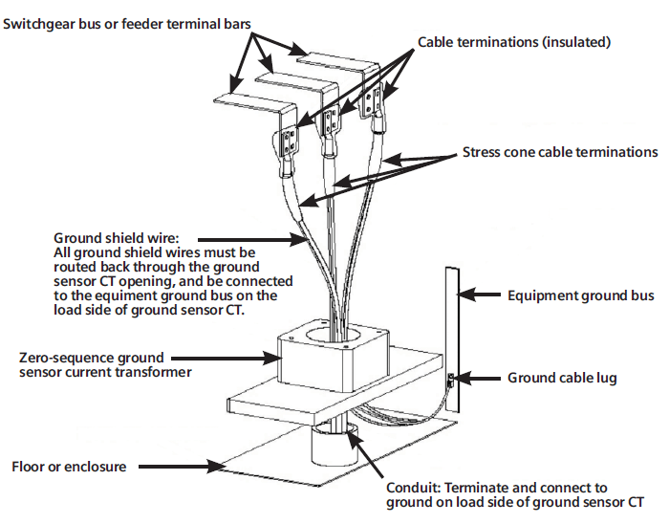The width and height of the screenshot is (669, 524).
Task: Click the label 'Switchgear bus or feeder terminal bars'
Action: (127, 22)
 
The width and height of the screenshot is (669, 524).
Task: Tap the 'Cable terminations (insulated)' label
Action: (514, 42)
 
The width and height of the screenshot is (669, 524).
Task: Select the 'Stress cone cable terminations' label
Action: (560, 152)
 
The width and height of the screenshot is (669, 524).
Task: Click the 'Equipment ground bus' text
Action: (580, 296)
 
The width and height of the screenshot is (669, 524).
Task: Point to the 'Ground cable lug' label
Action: (562, 379)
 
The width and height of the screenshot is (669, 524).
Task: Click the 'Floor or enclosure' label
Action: (69, 467)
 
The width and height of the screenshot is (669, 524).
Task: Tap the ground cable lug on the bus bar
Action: (452, 383)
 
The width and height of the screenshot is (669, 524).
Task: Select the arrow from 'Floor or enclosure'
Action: (182, 467)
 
